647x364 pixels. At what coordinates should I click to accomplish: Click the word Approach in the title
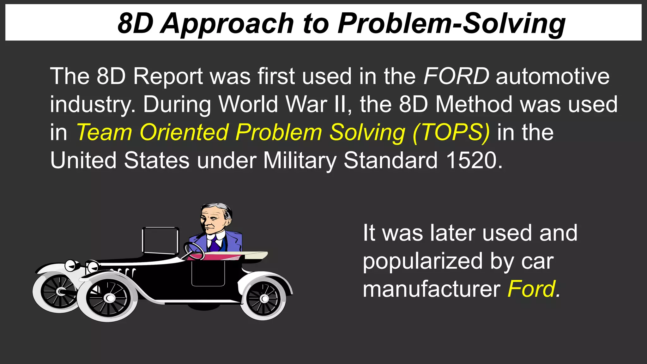tap(227, 24)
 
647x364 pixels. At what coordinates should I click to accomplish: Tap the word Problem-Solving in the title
tap(451, 24)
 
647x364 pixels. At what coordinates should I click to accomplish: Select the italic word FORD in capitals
tap(456, 76)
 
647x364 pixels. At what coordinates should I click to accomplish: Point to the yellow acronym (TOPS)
tap(451, 132)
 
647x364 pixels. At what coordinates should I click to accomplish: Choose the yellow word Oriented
tap(184, 132)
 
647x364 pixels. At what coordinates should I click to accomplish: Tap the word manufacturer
tap(432, 289)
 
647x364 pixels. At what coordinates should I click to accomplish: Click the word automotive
tap(553, 76)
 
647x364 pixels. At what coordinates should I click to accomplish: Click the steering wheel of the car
tap(194, 251)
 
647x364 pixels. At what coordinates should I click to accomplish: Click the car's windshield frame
tap(160, 240)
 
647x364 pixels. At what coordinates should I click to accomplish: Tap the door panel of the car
tap(208, 272)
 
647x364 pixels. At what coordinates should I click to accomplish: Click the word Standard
tap(390, 161)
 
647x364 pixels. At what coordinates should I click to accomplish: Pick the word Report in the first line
tap(168, 76)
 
